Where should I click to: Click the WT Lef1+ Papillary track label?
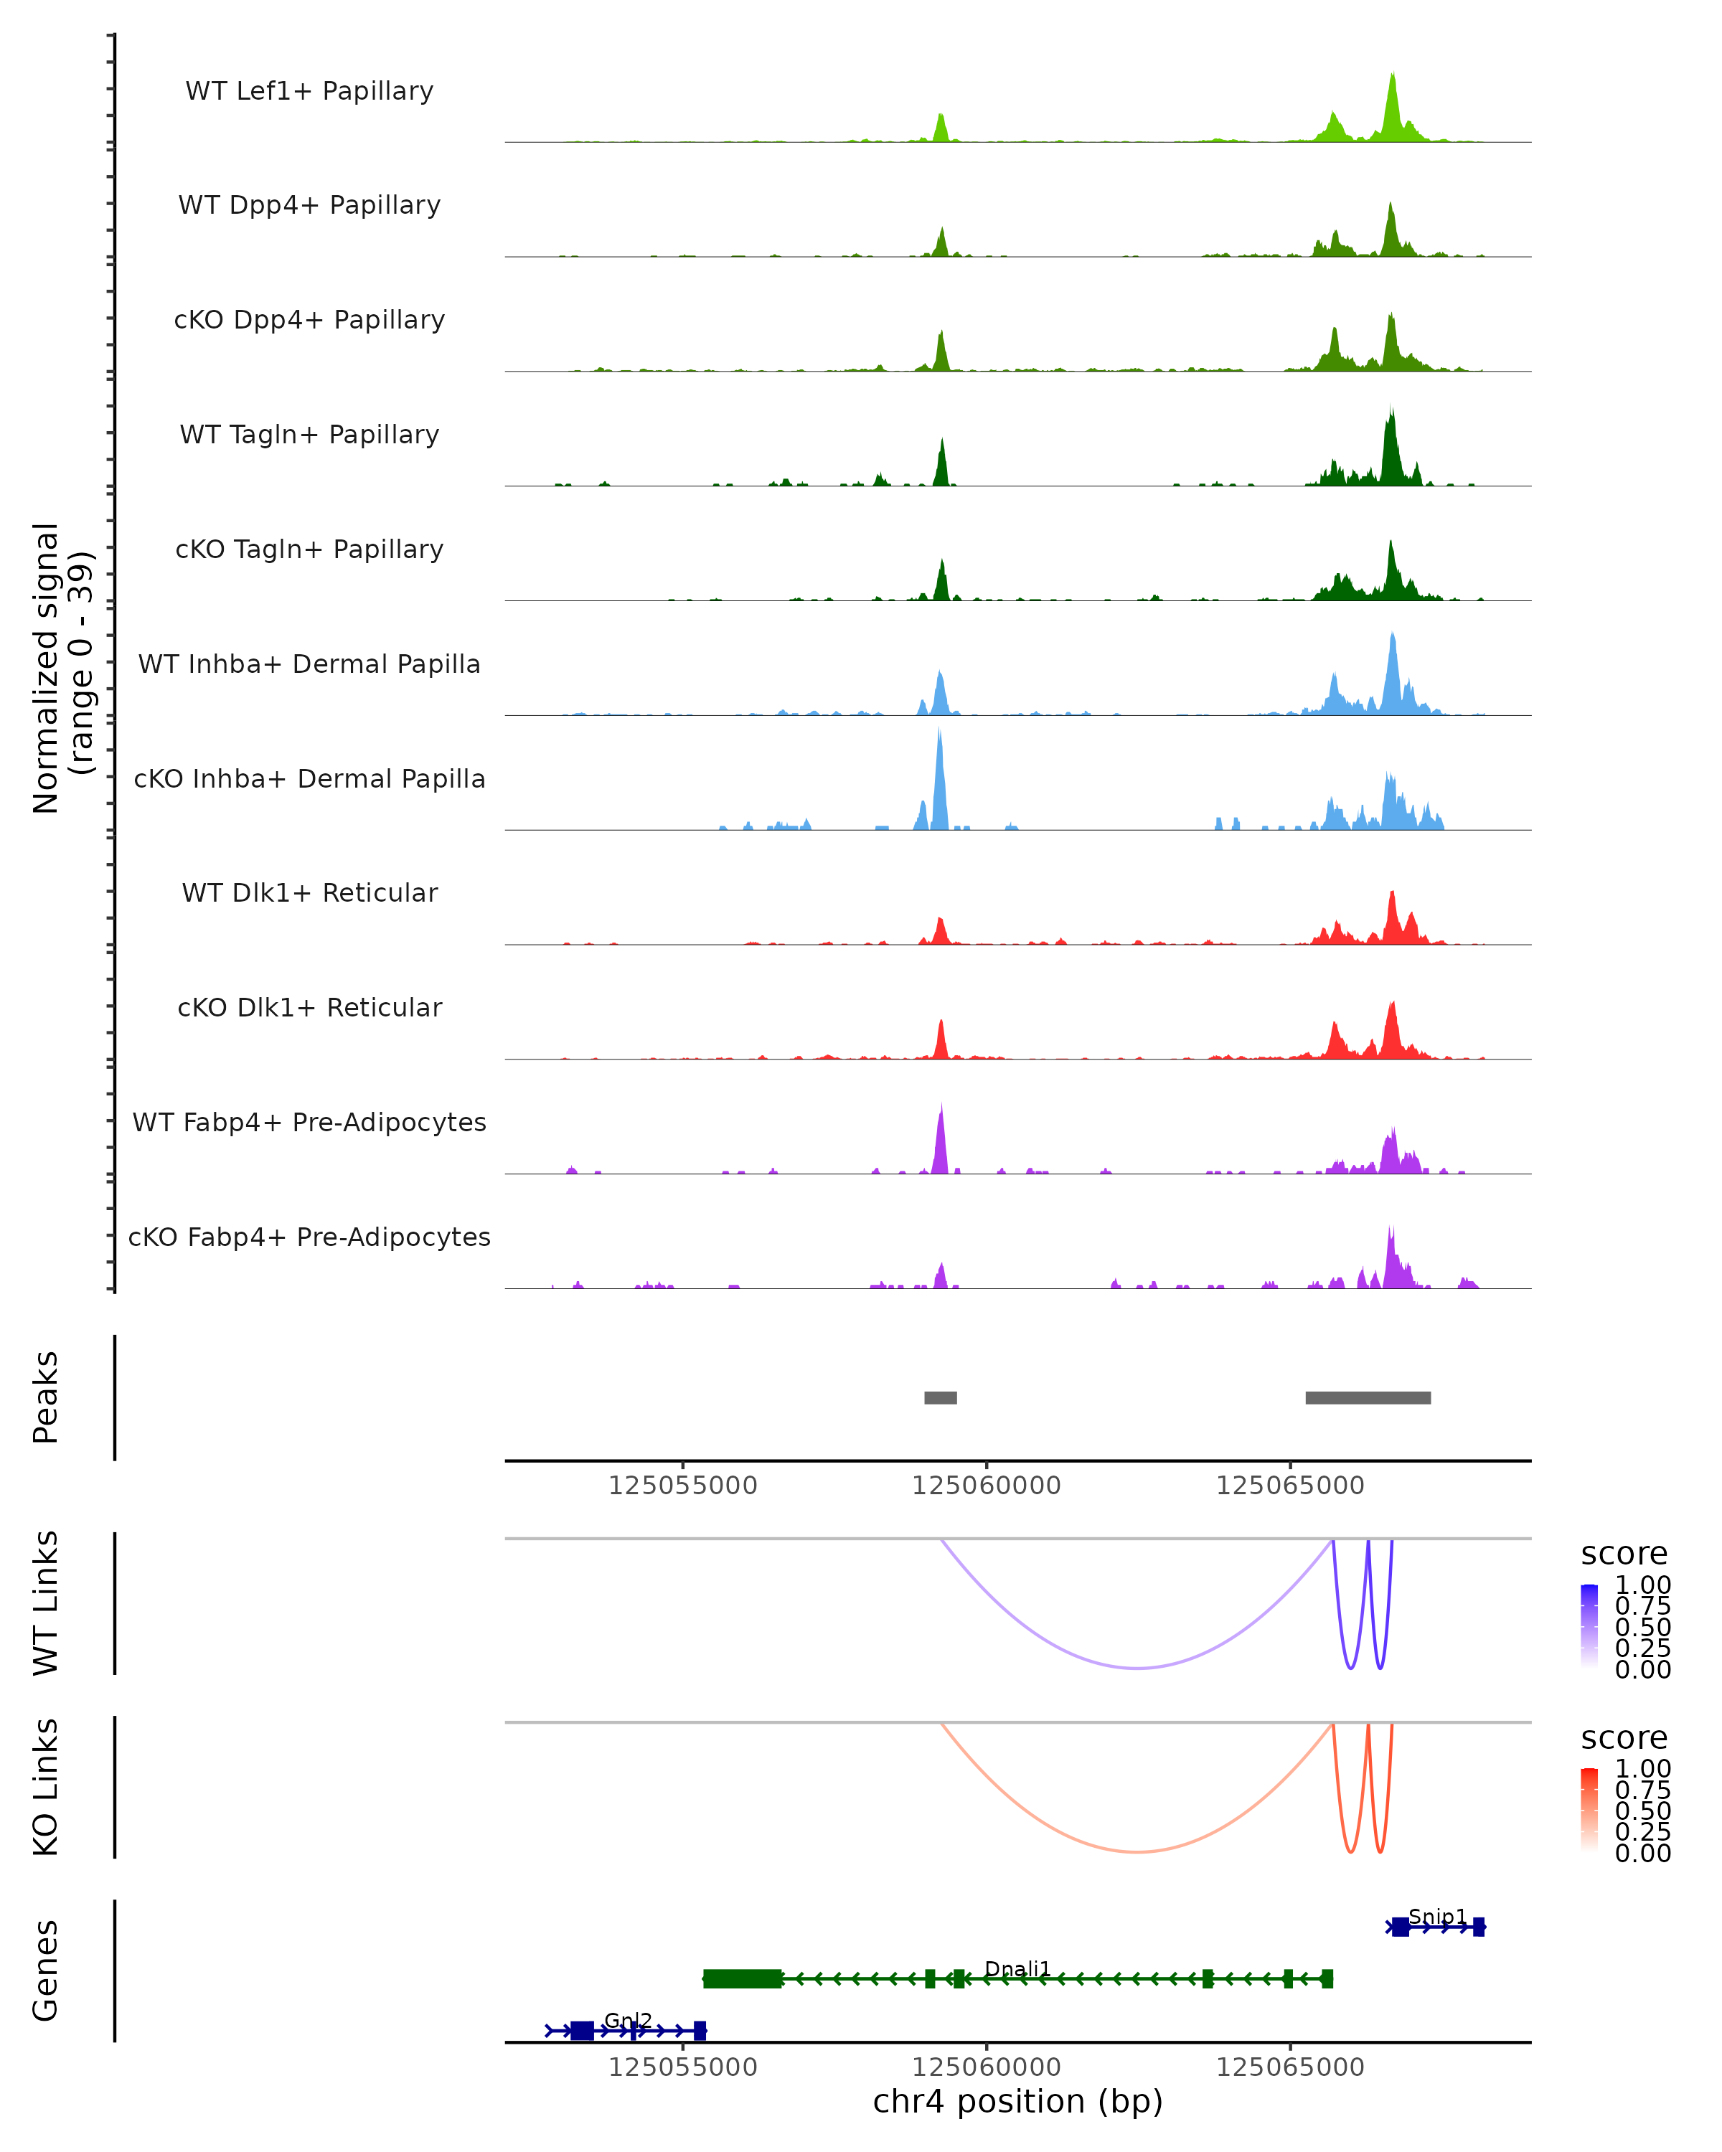click(x=309, y=91)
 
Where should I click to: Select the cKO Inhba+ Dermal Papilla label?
click(x=309, y=778)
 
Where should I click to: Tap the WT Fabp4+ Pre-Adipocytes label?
click(x=309, y=1122)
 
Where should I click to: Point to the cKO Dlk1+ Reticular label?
click(x=309, y=1007)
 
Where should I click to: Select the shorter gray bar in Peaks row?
click(x=941, y=1397)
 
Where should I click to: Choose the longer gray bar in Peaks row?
click(x=1368, y=1397)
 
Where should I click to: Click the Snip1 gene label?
click(x=1437, y=1917)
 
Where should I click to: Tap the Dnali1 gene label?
click(x=1017, y=1968)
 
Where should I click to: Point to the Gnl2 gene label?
click(x=628, y=2020)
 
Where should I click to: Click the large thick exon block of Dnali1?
click(x=742, y=1978)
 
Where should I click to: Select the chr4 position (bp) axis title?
click(x=1017, y=2101)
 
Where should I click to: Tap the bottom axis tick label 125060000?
click(x=987, y=2066)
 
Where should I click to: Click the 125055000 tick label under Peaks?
click(x=683, y=1486)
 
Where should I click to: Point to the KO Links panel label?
click(x=46, y=1787)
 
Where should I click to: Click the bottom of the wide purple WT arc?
click(x=1137, y=1667)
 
